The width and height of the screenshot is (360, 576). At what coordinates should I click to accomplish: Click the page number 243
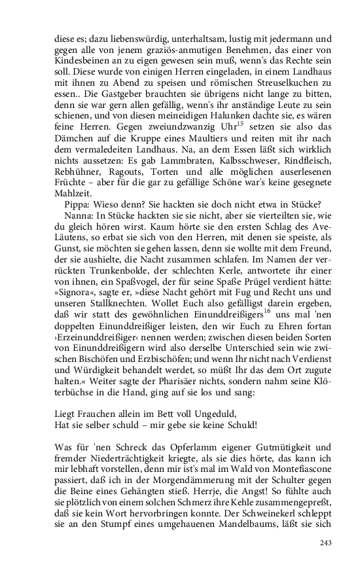[x=327, y=543]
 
